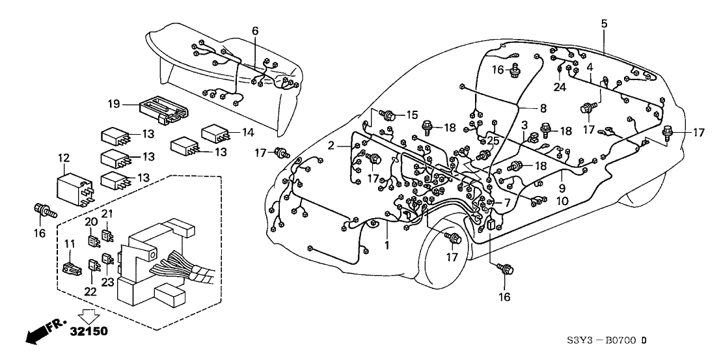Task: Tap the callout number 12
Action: (x=63, y=158)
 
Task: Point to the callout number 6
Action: (x=254, y=31)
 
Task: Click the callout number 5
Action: (x=604, y=24)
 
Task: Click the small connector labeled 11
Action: (x=70, y=266)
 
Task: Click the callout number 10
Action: (x=562, y=202)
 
